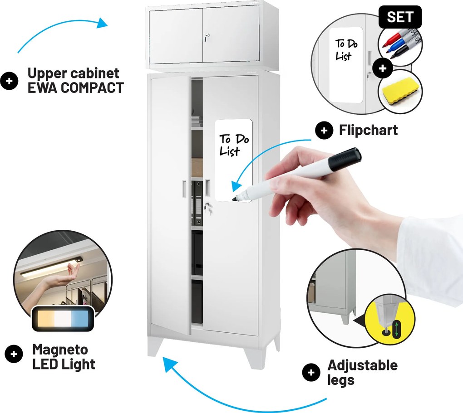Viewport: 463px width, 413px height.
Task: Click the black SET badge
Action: (400, 17)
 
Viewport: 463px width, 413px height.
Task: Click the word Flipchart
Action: (368, 130)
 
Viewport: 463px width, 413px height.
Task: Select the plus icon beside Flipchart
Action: (324, 131)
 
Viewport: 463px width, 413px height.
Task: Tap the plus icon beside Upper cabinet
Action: (9, 81)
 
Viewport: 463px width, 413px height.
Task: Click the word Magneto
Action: (60, 350)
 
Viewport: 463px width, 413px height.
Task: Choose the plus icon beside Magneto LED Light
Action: (14, 354)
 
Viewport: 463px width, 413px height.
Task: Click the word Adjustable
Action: (363, 365)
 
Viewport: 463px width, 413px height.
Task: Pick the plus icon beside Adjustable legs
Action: (311, 372)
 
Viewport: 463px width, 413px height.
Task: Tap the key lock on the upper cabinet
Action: (207, 38)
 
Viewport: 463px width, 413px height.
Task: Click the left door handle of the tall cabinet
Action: (185, 188)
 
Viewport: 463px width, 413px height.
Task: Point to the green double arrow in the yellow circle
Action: (397, 328)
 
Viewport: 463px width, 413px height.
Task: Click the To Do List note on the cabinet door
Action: (234, 160)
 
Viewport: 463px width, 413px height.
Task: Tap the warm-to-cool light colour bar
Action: (63, 318)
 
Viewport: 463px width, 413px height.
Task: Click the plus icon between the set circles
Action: (383, 68)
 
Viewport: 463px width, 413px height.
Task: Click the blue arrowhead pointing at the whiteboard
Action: (236, 186)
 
